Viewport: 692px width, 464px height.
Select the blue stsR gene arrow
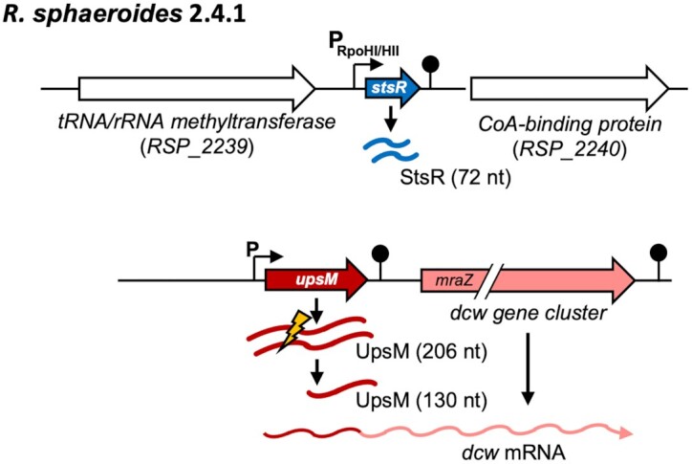[394, 90]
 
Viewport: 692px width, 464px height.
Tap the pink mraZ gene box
[448, 280]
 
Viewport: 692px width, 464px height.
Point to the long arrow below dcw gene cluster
[530, 378]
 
